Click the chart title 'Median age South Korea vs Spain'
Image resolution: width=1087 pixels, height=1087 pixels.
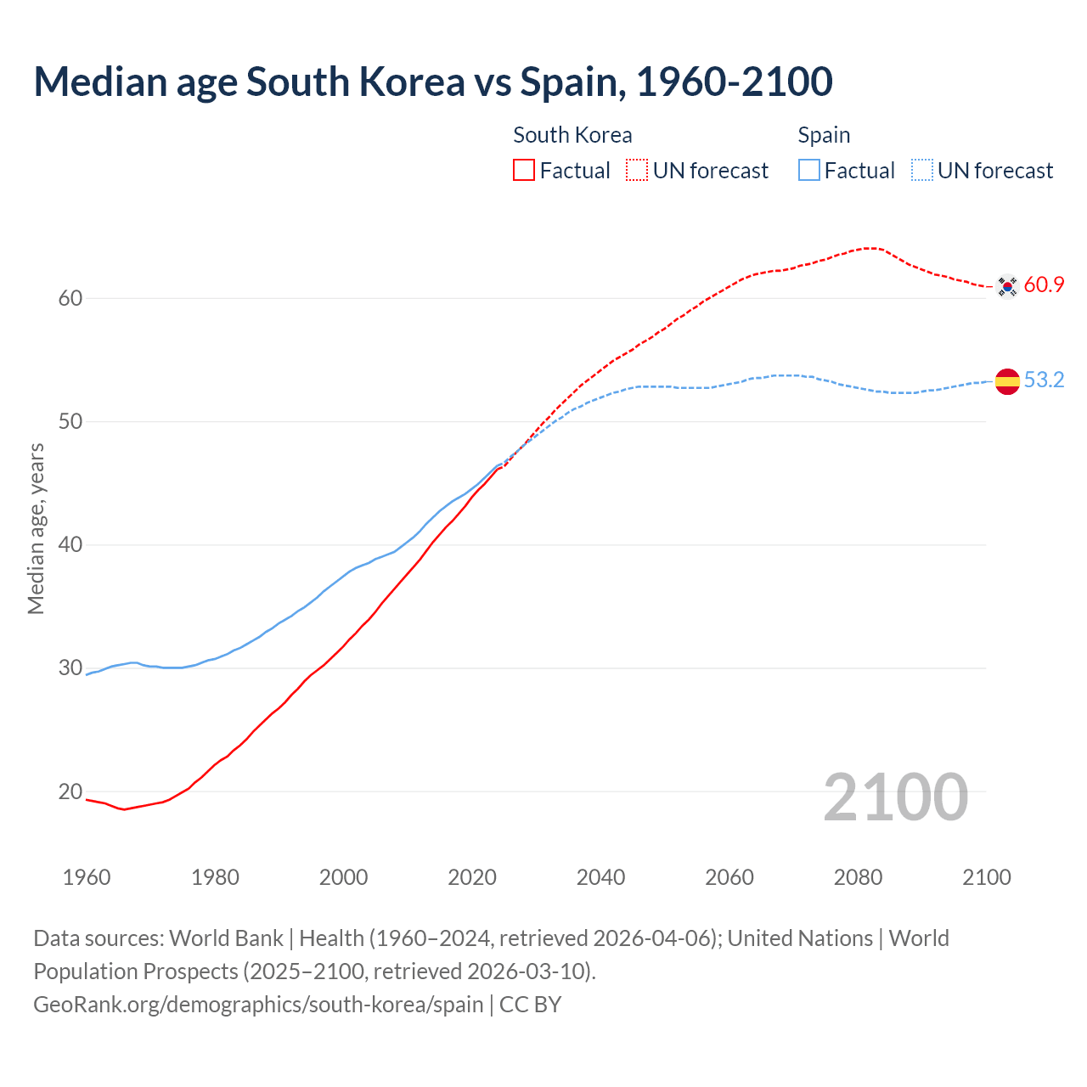click(x=433, y=82)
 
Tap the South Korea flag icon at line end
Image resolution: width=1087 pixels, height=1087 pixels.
click(x=1007, y=287)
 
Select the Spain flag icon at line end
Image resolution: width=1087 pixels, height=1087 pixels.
click(x=1007, y=382)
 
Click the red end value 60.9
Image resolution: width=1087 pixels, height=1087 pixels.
click(x=1044, y=285)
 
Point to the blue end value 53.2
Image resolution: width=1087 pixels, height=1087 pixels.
click(x=1044, y=380)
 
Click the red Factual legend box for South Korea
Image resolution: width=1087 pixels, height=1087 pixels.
click(x=524, y=171)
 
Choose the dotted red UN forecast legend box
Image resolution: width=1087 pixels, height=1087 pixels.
click(x=637, y=171)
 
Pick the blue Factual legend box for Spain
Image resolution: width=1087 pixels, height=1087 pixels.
click(x=809, y=171)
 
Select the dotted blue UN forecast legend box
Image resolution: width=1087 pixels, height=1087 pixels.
click(x=922, y=171)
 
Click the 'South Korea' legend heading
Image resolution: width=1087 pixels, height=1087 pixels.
click(x=572, y=135)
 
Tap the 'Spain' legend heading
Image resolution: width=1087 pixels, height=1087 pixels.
click(x=824, y=135)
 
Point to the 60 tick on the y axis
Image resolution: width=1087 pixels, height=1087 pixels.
click(x=70, y=298)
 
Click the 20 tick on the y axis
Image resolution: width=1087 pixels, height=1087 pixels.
click(x=70, y=791)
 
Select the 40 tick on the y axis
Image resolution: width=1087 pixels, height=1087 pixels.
click(x=70, y=544)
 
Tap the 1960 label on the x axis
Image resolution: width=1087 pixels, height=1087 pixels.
click(x=87, y=877)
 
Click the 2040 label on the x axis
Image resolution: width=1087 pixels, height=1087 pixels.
click(x=600, y=877)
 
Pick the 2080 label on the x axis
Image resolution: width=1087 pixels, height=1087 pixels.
click(x=858, y=877)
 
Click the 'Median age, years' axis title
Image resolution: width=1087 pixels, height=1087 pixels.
click(x=36, y=528)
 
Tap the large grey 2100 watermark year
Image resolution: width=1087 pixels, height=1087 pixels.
click(x=896, y=797)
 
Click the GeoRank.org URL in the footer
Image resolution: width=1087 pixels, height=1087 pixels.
click(x=258, y=1005)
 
